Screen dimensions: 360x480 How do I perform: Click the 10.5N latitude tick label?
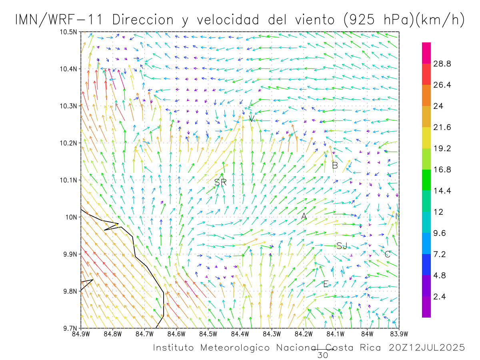click(69, 32)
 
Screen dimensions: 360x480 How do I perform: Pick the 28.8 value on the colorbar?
click(442, 64)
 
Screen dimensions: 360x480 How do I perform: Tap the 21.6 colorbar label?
click(442, 128)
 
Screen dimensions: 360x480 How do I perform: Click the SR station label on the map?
click(220, 182)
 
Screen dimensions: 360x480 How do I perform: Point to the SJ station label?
click(342, 246)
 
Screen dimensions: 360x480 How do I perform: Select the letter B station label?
click(335, 165)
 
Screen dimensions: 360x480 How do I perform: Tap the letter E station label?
click(326, 284)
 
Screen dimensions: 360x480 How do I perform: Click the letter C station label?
click(387, 254)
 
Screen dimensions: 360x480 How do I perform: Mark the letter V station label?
click(251, 119)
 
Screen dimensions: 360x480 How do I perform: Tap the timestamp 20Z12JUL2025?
click(427, 348)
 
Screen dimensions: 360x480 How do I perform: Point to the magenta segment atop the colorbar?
click(426, 53)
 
